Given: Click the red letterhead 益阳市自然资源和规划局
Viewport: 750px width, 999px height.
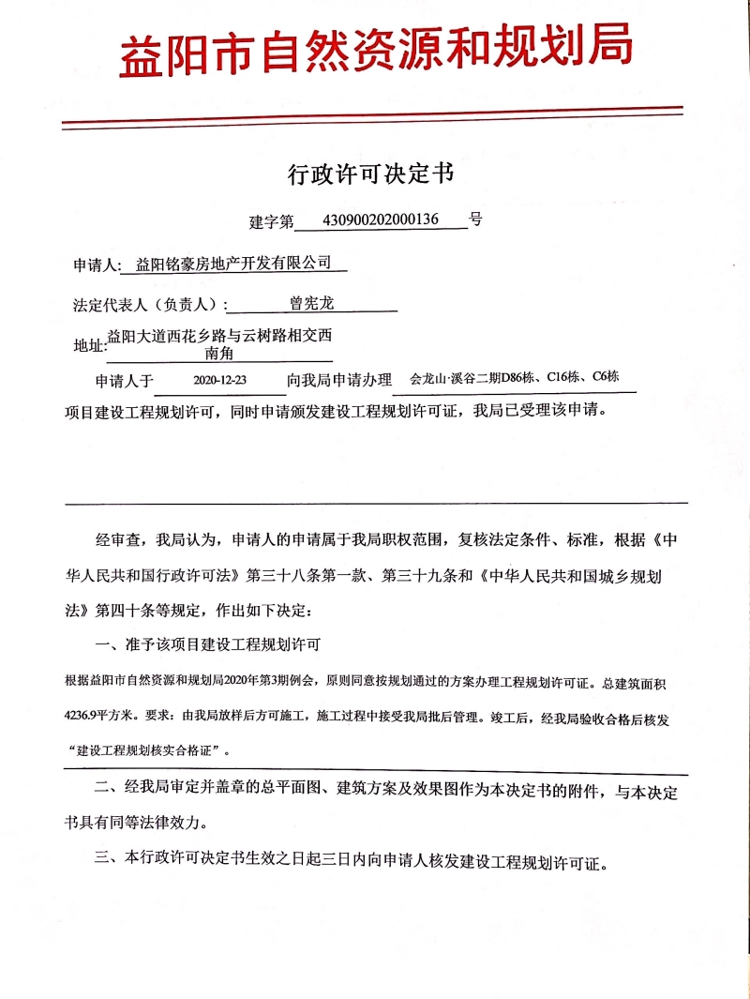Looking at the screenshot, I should [x=375, y=52].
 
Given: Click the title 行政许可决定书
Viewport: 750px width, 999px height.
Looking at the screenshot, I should [x=375, y=174].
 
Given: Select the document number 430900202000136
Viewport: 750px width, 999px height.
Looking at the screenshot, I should [x=380, y=219].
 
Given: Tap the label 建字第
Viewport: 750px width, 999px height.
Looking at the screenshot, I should [x=271, y=221].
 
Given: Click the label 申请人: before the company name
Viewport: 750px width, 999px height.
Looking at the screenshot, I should [x=97, y=265].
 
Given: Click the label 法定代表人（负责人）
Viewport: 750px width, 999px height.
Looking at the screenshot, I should [x=150, y=305].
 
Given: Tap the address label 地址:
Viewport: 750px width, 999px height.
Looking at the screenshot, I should [x=90, y=345].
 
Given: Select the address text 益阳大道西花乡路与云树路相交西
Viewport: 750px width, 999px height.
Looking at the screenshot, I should [x=219, y=335].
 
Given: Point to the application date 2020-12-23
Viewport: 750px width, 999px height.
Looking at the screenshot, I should [x=219, y=381].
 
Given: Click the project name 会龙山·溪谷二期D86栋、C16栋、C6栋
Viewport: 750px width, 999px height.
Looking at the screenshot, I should [x=514, y=378].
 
